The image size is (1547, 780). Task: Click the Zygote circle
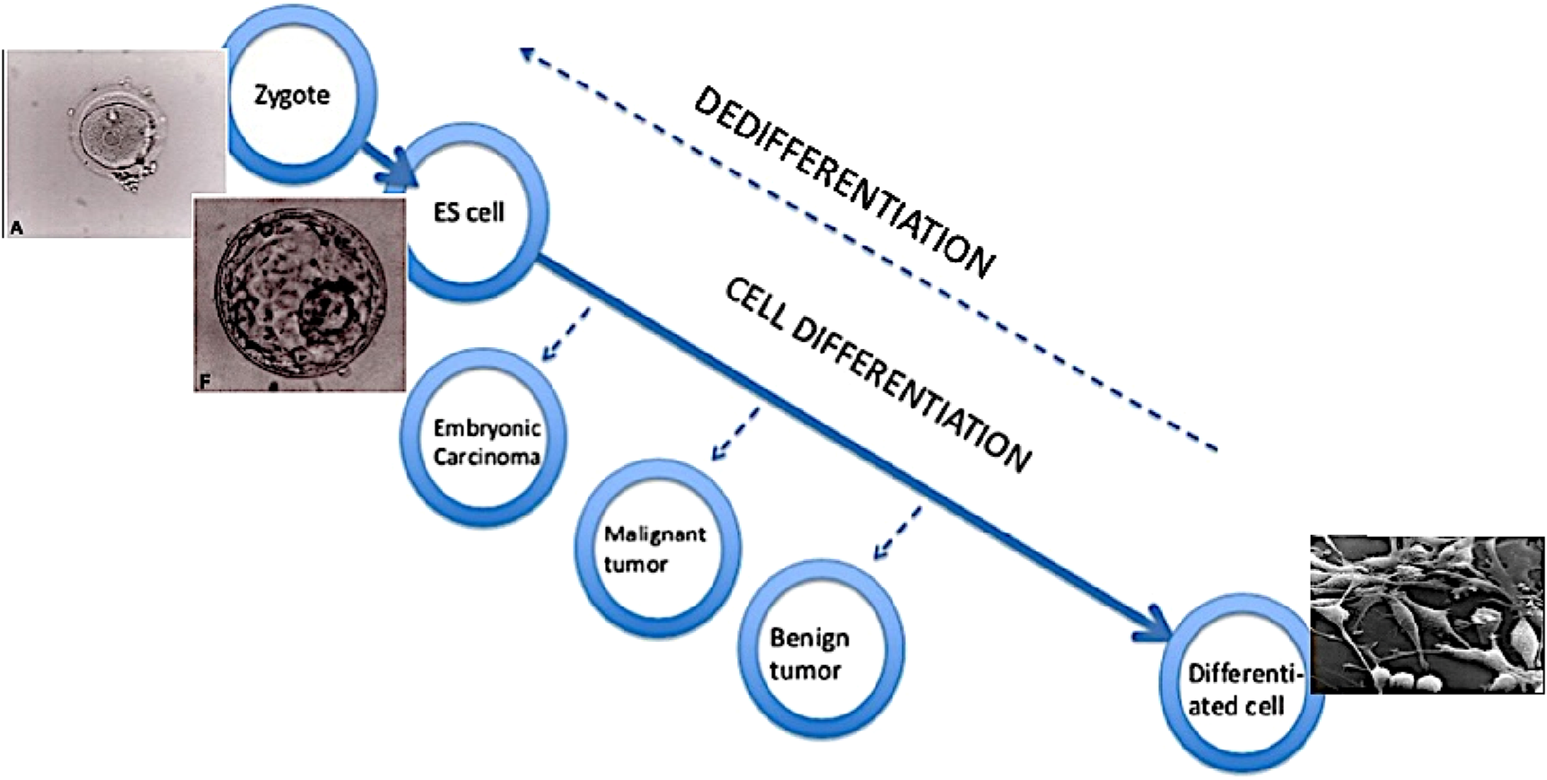click(x=293, y=94)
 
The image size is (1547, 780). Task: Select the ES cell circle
click(x=468, y=212)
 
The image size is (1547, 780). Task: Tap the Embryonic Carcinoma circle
click(x=486, y=440)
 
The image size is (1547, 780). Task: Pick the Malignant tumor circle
click(x=656, y=548)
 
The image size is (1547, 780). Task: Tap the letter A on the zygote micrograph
click(x=17, y=229)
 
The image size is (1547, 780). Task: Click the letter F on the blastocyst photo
click(x=206, y=381)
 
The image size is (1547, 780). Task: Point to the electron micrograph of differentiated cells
click(x=1428, y=614)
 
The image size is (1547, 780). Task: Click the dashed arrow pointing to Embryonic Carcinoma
click(x=567, y=336)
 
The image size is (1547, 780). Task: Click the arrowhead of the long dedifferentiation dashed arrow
click(x=530, y=56)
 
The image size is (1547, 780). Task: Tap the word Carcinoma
click(x=486, y=456)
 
